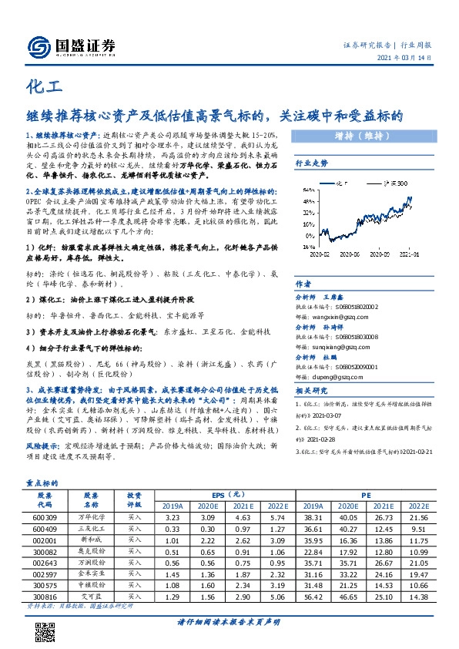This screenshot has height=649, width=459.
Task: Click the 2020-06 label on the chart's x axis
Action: pyautogui.click(x=348, y=253)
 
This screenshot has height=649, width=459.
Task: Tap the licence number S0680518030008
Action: pyautogui.click(x=349, y=335)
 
